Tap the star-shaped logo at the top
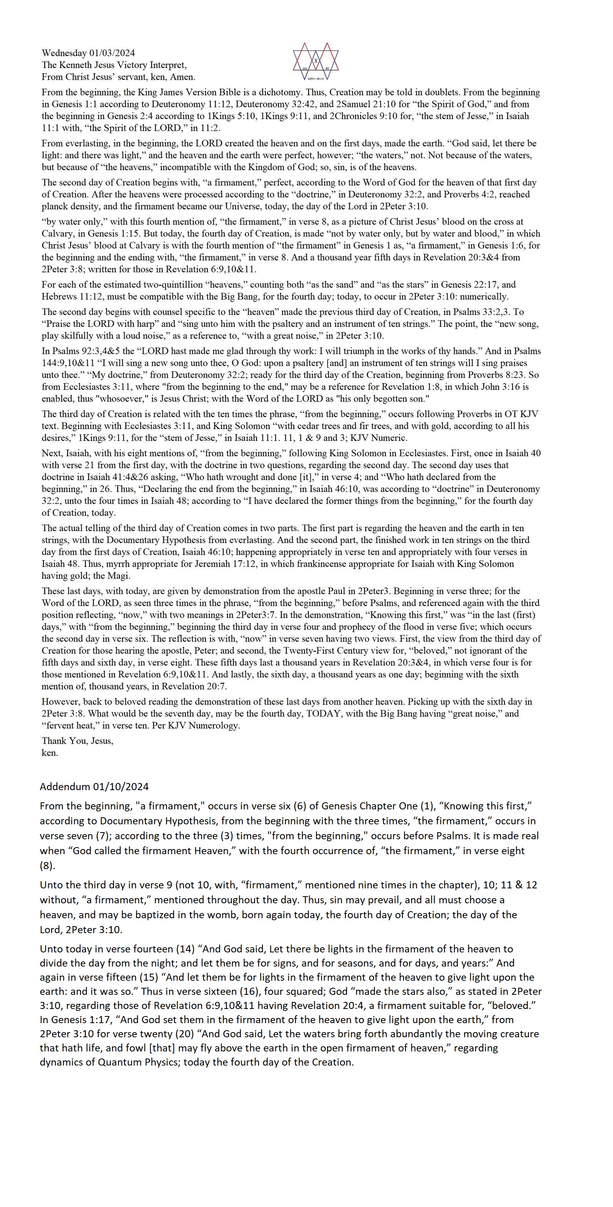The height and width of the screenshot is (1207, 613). click(x=316, y=61)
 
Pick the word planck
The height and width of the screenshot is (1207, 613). click(x=55, y=206)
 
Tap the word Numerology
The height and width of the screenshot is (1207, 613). click(x=214, y=726)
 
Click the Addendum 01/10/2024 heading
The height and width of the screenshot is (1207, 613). click(x=94, y=787)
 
